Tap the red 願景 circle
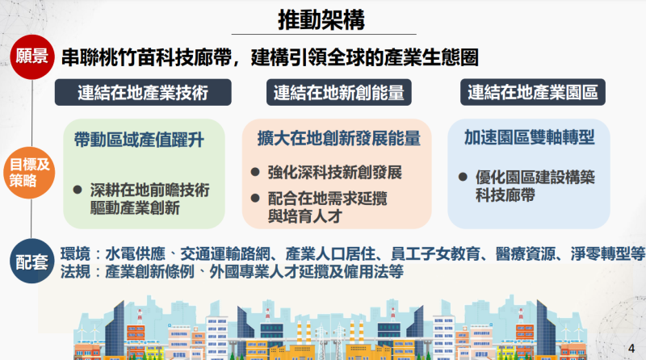[x=30, y=57]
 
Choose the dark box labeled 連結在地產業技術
[x=143, y=91]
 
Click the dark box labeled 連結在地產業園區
[x=533, y=91]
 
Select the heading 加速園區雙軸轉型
[x=529, y=137]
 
